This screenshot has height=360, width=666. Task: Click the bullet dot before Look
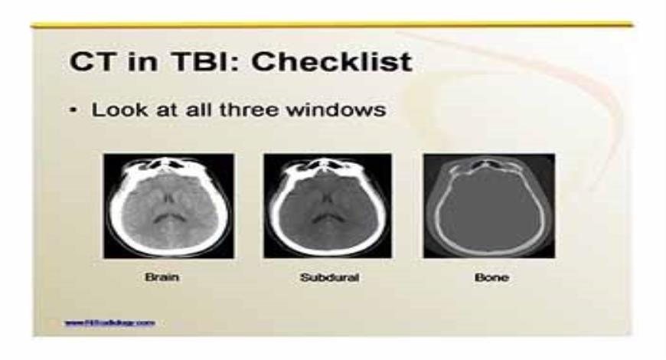(73, 110)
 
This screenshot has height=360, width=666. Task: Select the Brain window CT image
(168, 205)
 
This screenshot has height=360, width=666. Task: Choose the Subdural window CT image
(328, 205)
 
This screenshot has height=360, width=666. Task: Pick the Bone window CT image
(488, 205)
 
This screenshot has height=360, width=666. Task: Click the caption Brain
(162, 277)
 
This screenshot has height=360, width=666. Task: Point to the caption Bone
(490, 277)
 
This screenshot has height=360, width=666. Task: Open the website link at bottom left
(110, 322)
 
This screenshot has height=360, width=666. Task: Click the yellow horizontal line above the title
(332, 25)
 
